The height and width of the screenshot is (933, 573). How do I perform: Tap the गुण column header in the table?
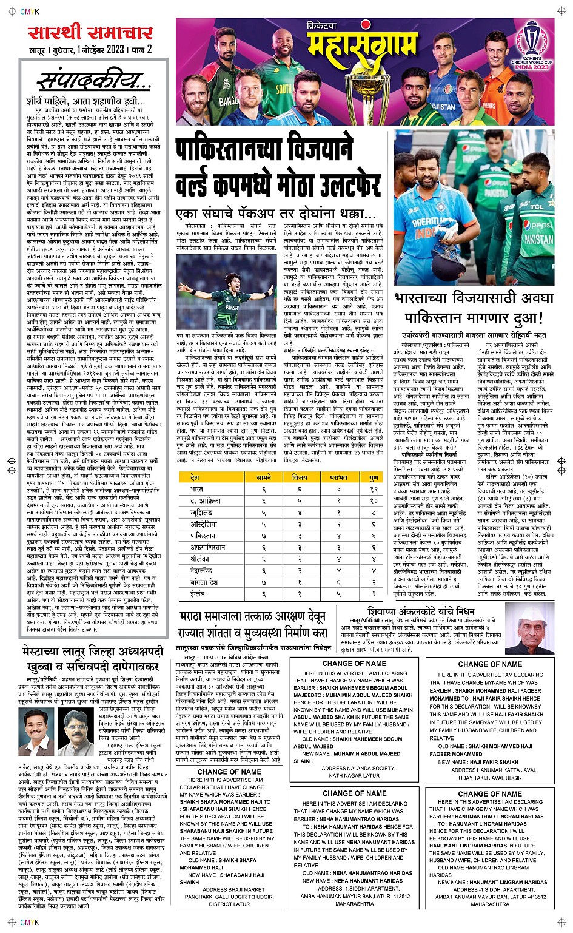tap(374, 478)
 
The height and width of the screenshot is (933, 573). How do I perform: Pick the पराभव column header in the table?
tap(338, 478)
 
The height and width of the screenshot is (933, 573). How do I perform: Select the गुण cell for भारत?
tap(374, 489)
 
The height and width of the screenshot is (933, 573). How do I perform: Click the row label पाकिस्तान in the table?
tap(203, 536)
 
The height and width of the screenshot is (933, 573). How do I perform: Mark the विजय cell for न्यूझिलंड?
tap(300, 513)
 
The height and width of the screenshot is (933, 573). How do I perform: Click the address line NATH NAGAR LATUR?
tap(354, 775)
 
